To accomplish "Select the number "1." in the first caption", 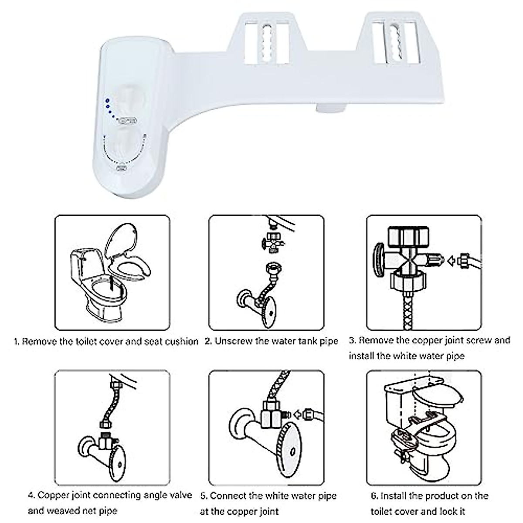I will [x=17, y=342].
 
